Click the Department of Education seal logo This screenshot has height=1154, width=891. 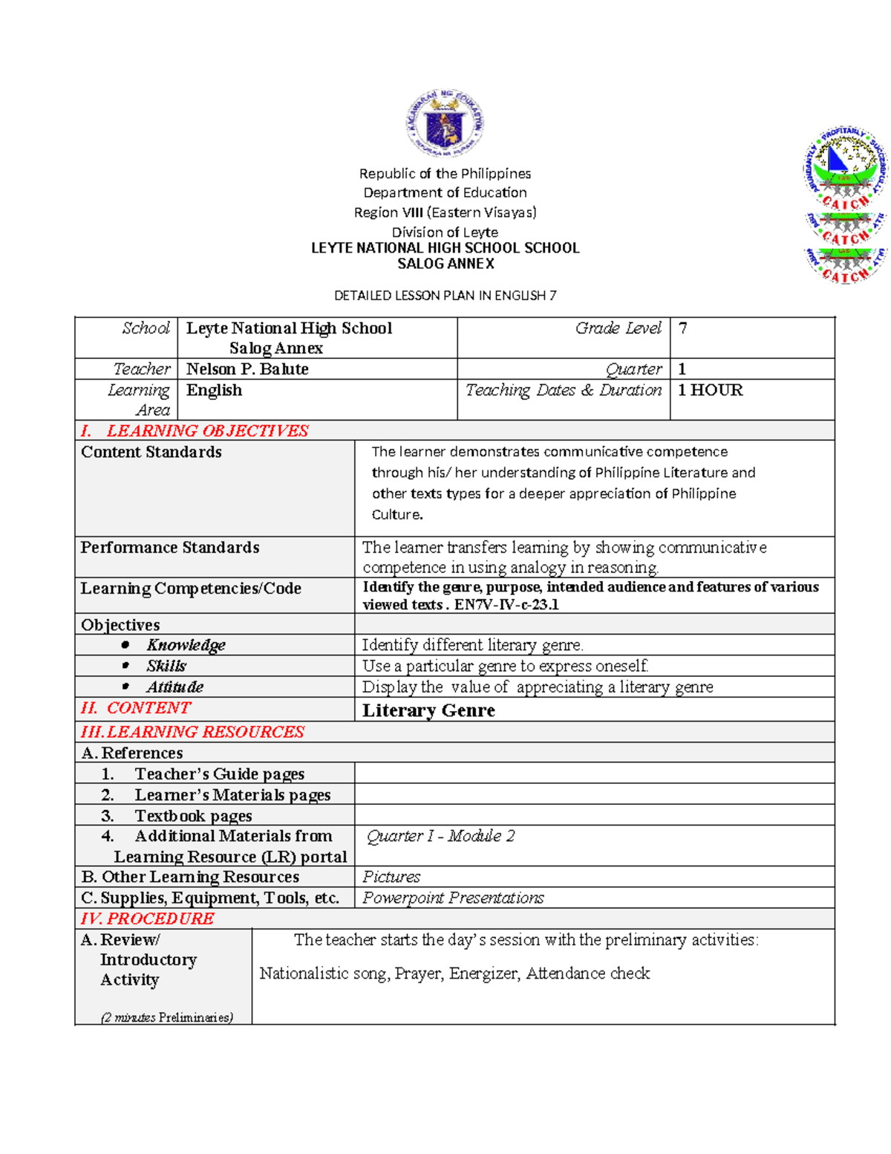pos(445,123)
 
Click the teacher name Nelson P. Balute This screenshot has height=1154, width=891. pos(247,369)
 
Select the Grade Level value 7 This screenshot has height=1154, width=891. pos(682,328)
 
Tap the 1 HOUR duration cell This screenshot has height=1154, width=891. pos(710,390)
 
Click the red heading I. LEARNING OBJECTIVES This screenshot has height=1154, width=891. pos(195,431)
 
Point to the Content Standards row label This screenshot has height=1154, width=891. pos(151,452)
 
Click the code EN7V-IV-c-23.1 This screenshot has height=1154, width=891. pos(506,605)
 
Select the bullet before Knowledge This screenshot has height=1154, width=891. pos(125,645)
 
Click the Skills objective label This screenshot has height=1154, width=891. pos(166,666)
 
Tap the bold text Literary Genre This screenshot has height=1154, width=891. pos(428,710)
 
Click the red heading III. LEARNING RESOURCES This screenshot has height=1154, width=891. pos(193,732)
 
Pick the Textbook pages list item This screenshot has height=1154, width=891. pos(192,816)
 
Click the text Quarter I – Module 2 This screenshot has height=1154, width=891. pos(440,836)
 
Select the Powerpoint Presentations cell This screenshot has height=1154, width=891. pos(453,898)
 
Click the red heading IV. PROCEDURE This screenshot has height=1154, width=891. pos(148,918)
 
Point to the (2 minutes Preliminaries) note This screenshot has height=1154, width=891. pos(167,1017)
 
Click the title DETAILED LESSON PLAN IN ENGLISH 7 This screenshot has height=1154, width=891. pos(445,296)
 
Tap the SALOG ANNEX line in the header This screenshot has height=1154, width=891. pos(446,264)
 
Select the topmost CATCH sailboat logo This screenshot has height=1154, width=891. pos(845,167)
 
